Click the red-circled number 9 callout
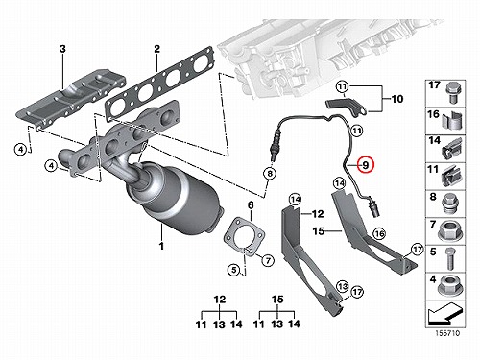coord(366,165)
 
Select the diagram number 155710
coord(447,333)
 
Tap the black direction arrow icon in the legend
coord(444,314)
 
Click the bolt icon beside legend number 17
coord(451,92)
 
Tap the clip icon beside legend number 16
coord(452,121)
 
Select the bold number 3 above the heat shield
coord(62,49)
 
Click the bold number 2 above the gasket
coord(156,49)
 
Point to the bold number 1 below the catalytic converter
coord(161,246)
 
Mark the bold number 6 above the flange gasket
coord(251,205)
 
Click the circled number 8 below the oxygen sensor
coord(270,174)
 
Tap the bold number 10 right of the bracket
coord(397,99)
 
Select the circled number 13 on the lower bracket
coord(343,286)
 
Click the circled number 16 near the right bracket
coord(379,234)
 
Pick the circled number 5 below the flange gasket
coord(234,270)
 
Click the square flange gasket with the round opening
coord(245,237)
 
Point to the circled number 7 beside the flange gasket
coord(268,261)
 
